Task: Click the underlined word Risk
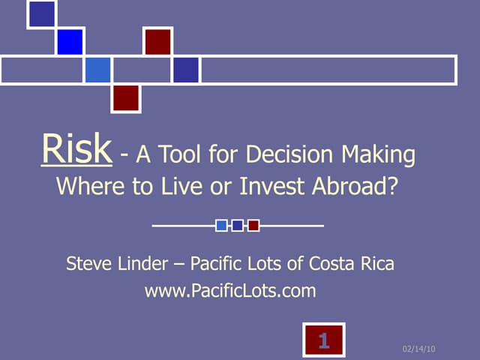(76, 150)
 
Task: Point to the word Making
(379, 156)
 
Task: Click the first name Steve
(88, 264)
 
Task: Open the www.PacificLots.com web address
(230, 290)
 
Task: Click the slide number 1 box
(323, 341)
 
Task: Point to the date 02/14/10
(419, 349)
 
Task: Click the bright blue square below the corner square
(69, 41)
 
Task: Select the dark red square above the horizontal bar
(157, 41)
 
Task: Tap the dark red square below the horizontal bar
(126, 97)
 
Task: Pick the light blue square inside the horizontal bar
(97, 70)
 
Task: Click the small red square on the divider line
(253, 225)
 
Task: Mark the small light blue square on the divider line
(222, 225)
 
